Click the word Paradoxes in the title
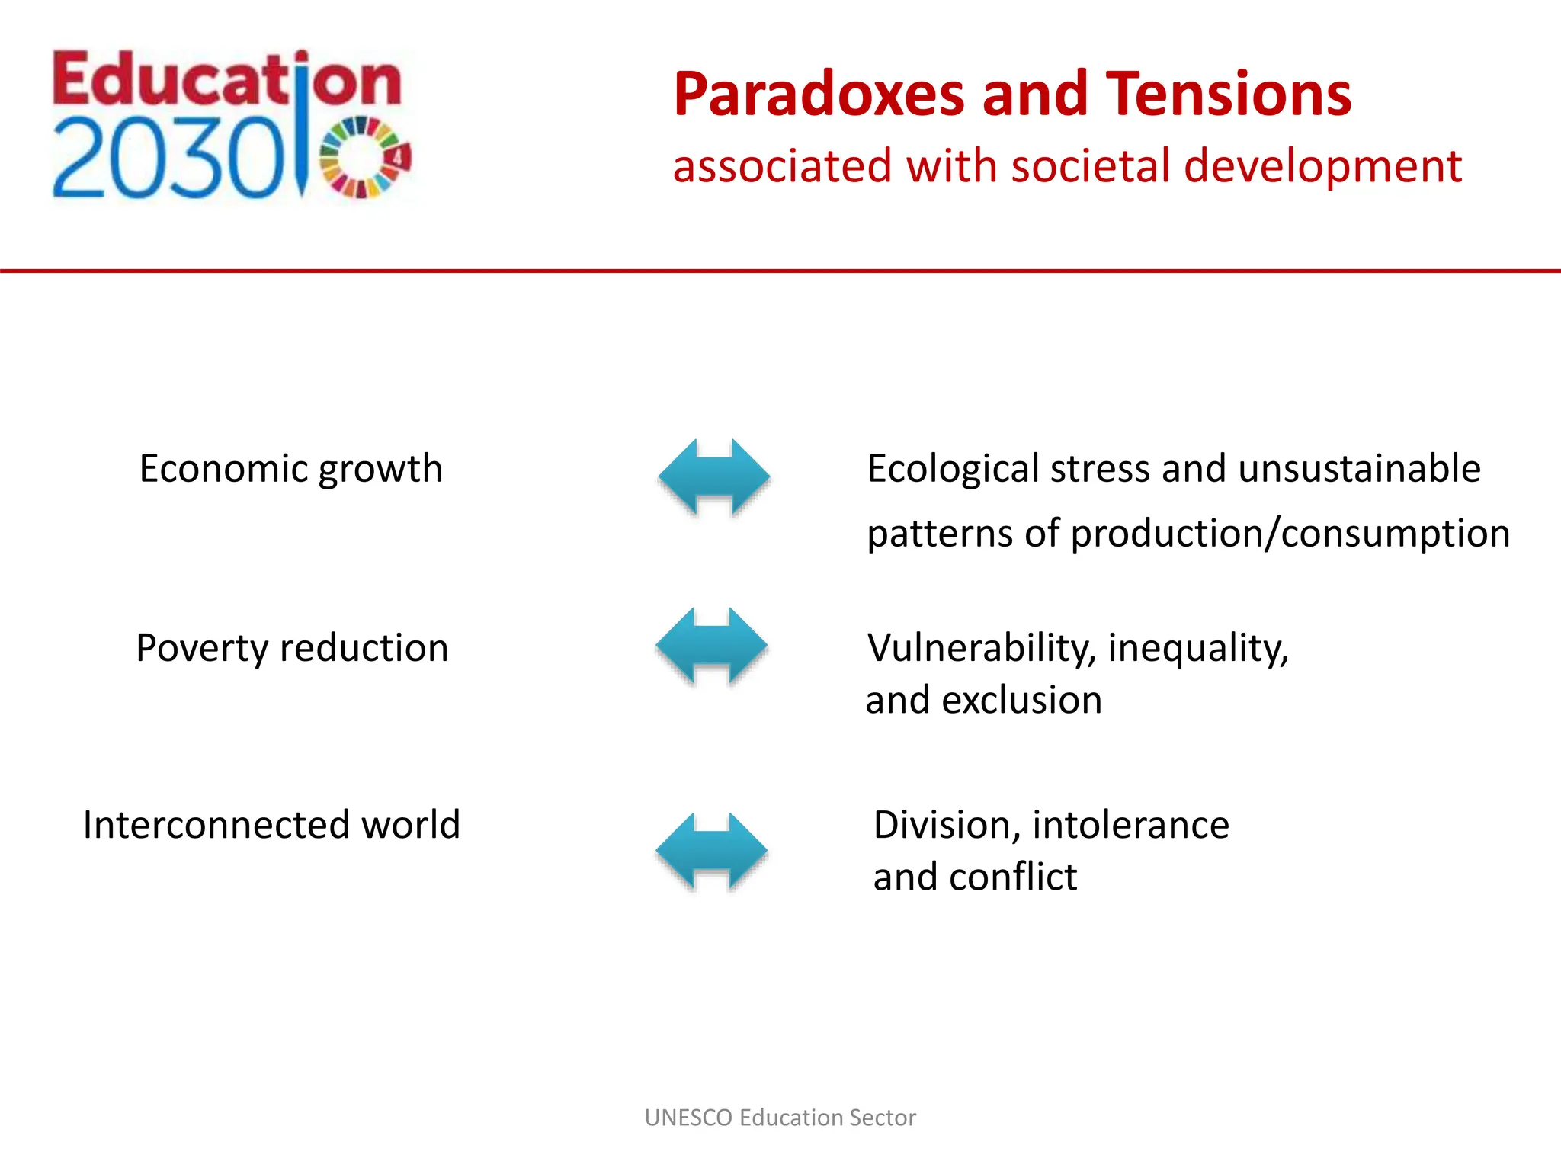tap(819, 95)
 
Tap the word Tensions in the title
tap(1228, 95)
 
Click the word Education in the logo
tap(226, 81)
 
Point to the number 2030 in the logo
tap(168, 160)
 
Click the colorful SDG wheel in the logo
tap(364, 158)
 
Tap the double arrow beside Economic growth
tap(714, 477)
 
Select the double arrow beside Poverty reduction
tap(711, 646)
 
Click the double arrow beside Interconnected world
tap(711, 851)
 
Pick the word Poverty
tap(201, 649)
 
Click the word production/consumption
tap(1290, 534)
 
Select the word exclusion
tap(1021, 700)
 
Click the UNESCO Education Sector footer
tap(780, 1118)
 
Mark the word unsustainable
tap(1359, 469)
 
